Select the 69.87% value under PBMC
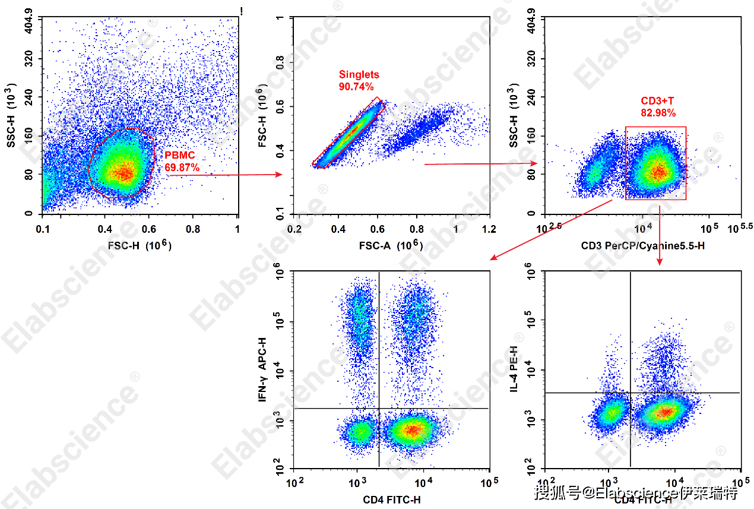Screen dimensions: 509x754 tap(182, 168)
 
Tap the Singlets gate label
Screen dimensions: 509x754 tap(359, 75)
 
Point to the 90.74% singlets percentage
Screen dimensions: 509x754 tap(356, 87)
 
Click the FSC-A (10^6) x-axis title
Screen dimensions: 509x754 tap(391, 245)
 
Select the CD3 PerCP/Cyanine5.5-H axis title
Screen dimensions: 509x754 tap(643, 245)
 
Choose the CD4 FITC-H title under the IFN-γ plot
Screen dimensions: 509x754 tap(392, 500)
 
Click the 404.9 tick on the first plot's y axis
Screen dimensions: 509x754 tap(28, 26)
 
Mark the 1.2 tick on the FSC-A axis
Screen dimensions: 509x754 tap(489, 229)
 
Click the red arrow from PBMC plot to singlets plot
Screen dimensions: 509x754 tap(226, 175)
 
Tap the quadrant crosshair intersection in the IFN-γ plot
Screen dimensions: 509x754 tap(379, 409)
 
